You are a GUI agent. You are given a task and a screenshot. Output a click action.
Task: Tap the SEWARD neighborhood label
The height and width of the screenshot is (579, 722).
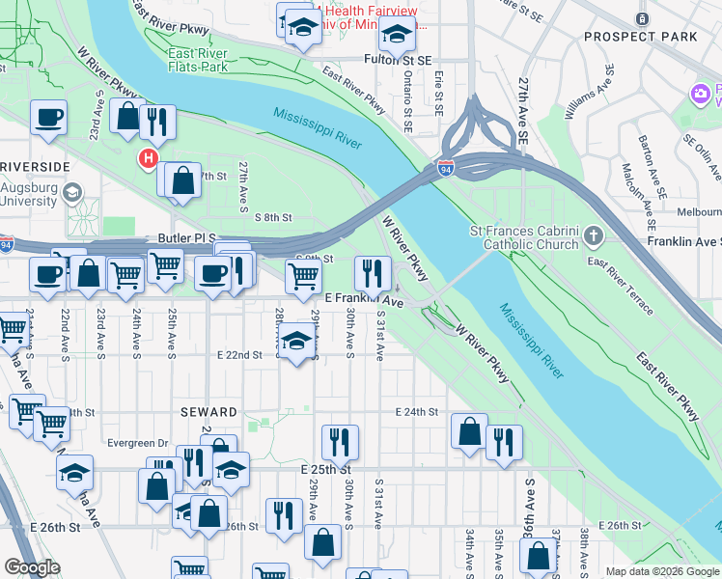point(208,412)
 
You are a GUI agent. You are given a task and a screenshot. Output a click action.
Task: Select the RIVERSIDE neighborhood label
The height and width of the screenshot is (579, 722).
point(35,167)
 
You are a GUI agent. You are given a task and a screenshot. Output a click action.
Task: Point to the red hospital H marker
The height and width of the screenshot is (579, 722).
point(148,158)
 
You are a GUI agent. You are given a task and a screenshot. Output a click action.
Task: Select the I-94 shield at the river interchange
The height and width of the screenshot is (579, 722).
point(445,168)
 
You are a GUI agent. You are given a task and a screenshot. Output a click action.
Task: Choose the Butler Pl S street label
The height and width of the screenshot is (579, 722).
point(186,237)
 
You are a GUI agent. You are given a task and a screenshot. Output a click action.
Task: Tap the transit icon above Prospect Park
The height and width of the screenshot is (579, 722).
point(643,18)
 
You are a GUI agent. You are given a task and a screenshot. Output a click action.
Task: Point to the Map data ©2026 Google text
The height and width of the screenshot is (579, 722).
point(661,571)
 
